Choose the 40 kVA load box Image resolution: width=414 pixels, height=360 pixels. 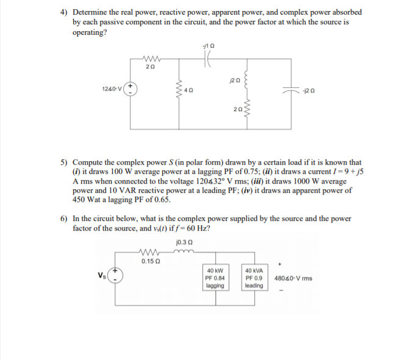coord(254,278)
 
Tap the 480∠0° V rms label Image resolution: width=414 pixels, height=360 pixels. coord(294,278)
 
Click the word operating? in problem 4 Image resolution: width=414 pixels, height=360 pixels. coord(90,32)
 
